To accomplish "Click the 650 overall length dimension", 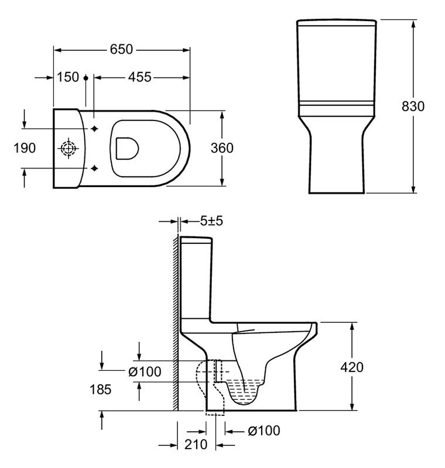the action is tap(121, 49).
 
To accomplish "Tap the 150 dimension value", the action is tap(68, 77).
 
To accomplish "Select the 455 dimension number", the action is tap(140, 77).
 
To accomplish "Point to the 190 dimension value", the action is tap(25, 148).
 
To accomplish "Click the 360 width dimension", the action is tap(222, 148).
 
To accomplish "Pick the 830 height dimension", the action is tap(413, 106).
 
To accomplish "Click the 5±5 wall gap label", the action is tap(211, 221).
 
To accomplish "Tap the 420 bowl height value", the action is tap(352, 367).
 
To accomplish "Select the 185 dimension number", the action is tap(101, 389).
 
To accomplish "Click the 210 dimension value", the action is tap(196, 445).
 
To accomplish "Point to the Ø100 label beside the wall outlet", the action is tap(145, 371).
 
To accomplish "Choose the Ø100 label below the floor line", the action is tap(264, 431).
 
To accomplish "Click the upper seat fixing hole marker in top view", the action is tap(94, 129).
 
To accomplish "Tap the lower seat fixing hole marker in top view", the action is tap(94, 168).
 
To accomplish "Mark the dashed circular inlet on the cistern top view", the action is tap(69, 149).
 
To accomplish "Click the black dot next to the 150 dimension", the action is tap(86, 78).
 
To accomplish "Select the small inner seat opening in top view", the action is tap(127, 149).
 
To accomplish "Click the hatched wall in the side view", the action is tap(176, 322).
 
